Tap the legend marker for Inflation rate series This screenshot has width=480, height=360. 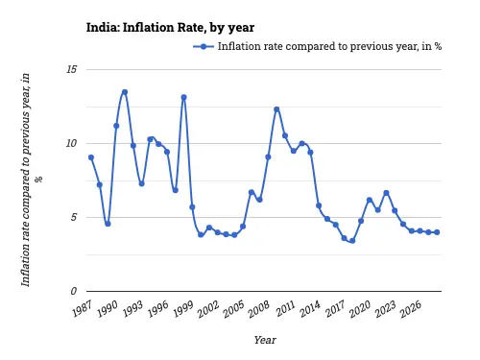(x=204, y=46)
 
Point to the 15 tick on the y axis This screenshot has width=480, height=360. (x=71, y=70)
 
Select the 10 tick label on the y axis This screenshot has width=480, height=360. (x=71, y=144)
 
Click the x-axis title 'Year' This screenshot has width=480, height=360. (x=265, y=340)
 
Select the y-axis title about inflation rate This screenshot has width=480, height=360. (x=33, y=180)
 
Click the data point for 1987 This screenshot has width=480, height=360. (x=90, y=157)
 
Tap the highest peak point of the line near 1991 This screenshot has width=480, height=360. (x=124, y=92)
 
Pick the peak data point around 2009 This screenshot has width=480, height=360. (x=276, y=109)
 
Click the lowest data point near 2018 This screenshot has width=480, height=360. (x=352, y=241)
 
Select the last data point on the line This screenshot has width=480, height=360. (x=437, y=232)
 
